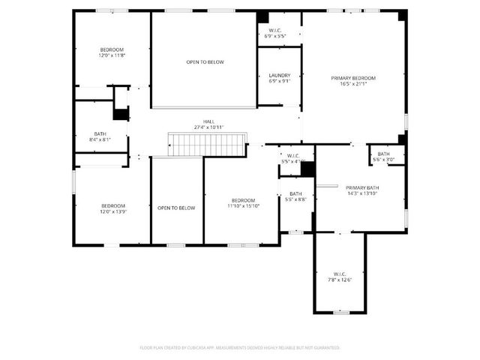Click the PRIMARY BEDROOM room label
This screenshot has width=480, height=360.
coord(355,78)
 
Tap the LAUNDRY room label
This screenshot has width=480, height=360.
coord(279,75)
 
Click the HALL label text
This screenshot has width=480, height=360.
coord(208,121)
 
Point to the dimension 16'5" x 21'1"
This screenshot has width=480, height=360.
coord(355,84)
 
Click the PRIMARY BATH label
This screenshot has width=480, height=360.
coord(362,187)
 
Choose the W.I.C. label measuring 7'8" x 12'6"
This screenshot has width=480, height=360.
coord(340,274)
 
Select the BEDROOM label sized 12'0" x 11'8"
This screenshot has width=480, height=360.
coord(111,49)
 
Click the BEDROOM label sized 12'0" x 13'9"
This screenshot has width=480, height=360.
coord(113,205)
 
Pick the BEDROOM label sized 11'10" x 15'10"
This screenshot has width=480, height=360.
coord(243,200)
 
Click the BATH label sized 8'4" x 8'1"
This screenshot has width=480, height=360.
coord(100,134)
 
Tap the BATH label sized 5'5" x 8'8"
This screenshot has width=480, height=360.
coord(295,193)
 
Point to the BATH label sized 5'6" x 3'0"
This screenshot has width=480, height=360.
coord(383,154)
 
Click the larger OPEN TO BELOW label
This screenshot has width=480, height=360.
coord(205,62)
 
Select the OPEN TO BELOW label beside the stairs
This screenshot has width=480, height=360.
coord(176,208)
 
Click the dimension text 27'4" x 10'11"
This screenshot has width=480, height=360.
coord(208,127)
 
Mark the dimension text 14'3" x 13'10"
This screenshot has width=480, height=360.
coord(362,193)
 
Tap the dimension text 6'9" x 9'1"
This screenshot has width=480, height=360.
coord(279,81)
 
